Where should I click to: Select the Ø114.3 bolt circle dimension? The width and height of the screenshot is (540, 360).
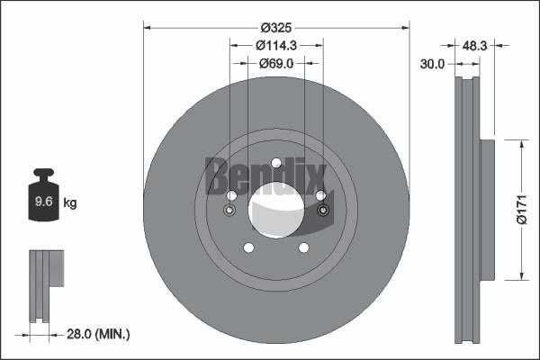tap(276, 44)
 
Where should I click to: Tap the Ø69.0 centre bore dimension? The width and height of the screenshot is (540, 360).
tap(276, 64)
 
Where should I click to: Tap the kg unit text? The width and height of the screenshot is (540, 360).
tap(70, 203)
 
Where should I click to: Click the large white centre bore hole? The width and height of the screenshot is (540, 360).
tap(276, 208)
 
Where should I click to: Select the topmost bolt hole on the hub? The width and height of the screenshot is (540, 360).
tap(276, 163)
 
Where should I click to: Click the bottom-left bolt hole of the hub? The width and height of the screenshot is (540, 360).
tap(249, 247)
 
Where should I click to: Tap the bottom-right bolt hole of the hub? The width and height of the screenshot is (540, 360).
tap(303, 247)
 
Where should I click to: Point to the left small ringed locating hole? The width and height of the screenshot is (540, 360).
tap(229, 212)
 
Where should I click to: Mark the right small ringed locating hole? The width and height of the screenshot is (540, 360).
tap(323, 212)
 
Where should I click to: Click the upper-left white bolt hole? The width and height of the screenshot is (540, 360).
tap(232, 196)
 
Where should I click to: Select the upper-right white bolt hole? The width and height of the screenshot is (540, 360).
tap(319, 196)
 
